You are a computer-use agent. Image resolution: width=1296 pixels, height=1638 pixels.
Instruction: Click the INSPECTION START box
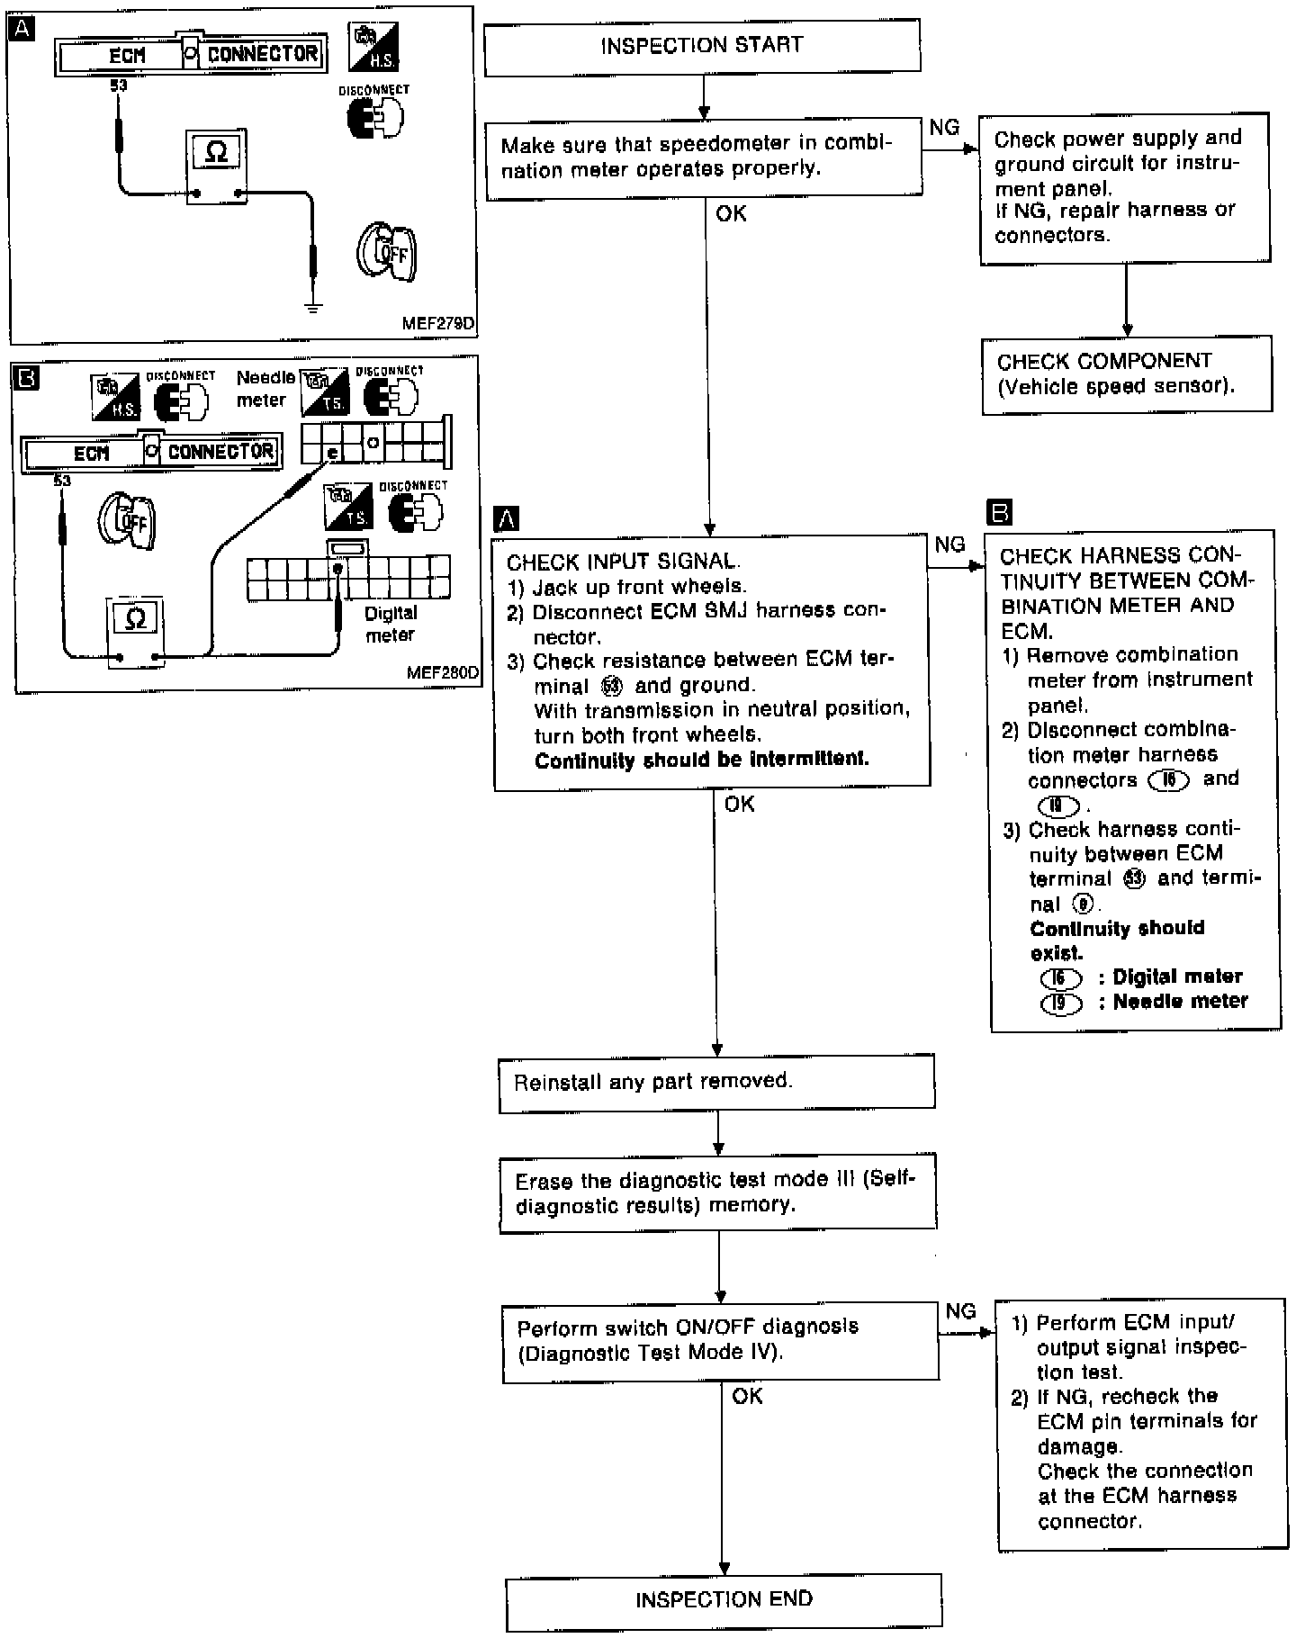pos(702,47)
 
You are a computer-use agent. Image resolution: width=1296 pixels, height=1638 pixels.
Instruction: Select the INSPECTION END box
pos(724,1599)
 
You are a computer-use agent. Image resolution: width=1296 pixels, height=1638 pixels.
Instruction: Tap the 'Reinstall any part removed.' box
pos(716,1081)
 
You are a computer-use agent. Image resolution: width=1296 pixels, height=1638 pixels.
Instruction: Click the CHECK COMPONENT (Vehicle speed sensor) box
pos(1127,374)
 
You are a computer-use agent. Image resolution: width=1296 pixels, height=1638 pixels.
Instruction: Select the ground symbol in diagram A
pos(312,308)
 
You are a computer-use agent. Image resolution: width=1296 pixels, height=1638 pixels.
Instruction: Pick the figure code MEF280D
pos(442,672)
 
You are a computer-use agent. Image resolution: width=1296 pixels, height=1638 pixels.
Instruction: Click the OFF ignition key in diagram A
pos(388,253)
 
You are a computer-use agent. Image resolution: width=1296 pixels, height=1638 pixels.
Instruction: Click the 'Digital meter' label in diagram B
pos(391,624)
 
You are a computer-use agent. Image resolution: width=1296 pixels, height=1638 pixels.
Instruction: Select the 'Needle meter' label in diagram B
pos(265,389)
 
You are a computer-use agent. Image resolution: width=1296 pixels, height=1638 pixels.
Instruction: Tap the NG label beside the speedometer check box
pos(944,128)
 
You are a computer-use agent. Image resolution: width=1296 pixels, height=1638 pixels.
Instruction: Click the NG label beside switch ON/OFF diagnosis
pos(960,1311)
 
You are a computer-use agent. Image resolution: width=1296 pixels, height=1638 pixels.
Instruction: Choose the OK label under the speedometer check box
pos(731,214)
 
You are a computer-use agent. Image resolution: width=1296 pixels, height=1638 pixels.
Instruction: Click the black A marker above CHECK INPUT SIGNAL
pos(508,518)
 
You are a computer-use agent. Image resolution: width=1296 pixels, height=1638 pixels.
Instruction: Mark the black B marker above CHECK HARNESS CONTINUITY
pos(999,513)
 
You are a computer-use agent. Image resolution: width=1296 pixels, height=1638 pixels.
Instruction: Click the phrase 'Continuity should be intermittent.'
pos(702,760)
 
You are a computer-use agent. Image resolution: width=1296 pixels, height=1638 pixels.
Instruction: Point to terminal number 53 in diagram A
pos(118,86)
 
